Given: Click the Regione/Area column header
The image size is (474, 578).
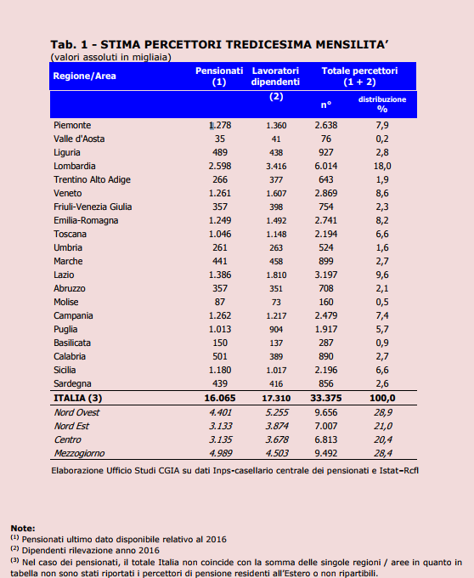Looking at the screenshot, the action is tap(84, 76).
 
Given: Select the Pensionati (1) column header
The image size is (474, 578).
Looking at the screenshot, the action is tap(219, 76).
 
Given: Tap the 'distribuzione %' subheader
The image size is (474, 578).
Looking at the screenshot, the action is tap(382, 105).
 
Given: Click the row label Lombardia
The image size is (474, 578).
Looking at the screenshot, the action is tap(75, 166).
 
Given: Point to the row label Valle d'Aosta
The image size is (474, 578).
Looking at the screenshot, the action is tap(79, 139).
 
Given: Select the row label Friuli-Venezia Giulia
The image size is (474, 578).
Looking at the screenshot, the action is tap(93, 207).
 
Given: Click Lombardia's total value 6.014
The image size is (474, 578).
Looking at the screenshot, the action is tap(326, 166).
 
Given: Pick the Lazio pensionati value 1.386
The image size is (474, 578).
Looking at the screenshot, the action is tap(220, 275).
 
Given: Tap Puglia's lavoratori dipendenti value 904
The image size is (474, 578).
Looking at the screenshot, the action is tap(276, 329).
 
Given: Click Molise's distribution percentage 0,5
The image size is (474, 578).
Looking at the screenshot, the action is tap(382, 302).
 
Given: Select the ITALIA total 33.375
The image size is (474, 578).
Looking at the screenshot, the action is tap(326, 398).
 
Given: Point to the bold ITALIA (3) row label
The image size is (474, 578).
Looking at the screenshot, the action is tap(77, 398).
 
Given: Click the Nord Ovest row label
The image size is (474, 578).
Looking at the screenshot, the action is tap(76, 412).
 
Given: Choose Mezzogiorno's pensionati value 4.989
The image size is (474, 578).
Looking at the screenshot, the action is tap(221, 453).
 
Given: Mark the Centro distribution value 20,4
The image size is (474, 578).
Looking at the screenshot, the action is tap(383, 439).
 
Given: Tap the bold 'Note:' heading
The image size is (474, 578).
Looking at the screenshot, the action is tap(23, 528).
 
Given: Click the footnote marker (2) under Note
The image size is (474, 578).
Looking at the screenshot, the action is tap(14, 548).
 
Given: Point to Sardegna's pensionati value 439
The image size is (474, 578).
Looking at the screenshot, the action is tap(220, 383).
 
